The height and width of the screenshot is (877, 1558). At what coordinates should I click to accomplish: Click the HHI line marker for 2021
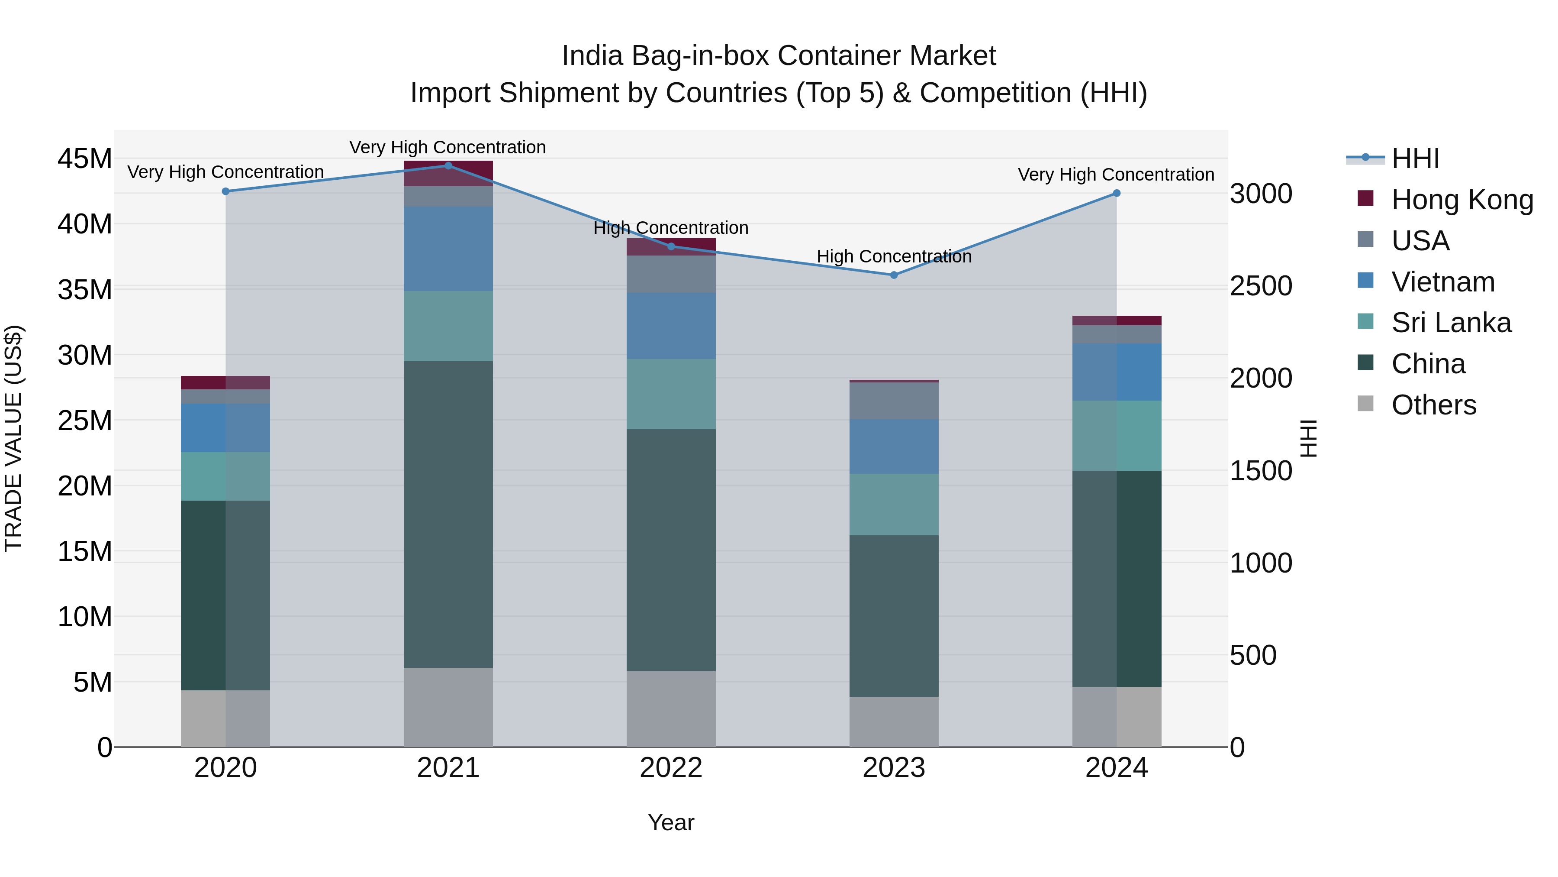coord(448,165)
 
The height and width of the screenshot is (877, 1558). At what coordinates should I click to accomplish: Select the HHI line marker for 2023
coord(894,275)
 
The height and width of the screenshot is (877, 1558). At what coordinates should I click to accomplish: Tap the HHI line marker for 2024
coord(1117,193)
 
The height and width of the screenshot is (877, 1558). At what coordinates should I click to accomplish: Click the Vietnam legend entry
coord(1442,282)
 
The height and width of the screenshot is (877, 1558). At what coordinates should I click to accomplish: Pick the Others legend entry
coord(1433,405)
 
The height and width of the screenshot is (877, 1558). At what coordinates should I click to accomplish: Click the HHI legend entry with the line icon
coord(1415,159)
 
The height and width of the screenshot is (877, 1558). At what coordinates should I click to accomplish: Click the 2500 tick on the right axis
coord(1261,286)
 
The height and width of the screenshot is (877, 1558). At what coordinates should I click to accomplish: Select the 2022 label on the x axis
coord(671,768)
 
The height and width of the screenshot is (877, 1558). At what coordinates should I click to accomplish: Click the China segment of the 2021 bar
coord(448,515)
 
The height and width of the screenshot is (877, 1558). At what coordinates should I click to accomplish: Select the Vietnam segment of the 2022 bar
coord(671,326)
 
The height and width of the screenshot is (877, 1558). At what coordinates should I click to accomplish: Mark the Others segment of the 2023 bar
coord(894,722)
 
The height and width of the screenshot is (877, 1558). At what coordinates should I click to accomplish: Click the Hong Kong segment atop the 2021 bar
coord(448,173)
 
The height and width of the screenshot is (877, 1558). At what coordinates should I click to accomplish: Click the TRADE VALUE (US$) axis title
coord(13,438)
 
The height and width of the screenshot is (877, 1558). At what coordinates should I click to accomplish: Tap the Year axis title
coord(671,822)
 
